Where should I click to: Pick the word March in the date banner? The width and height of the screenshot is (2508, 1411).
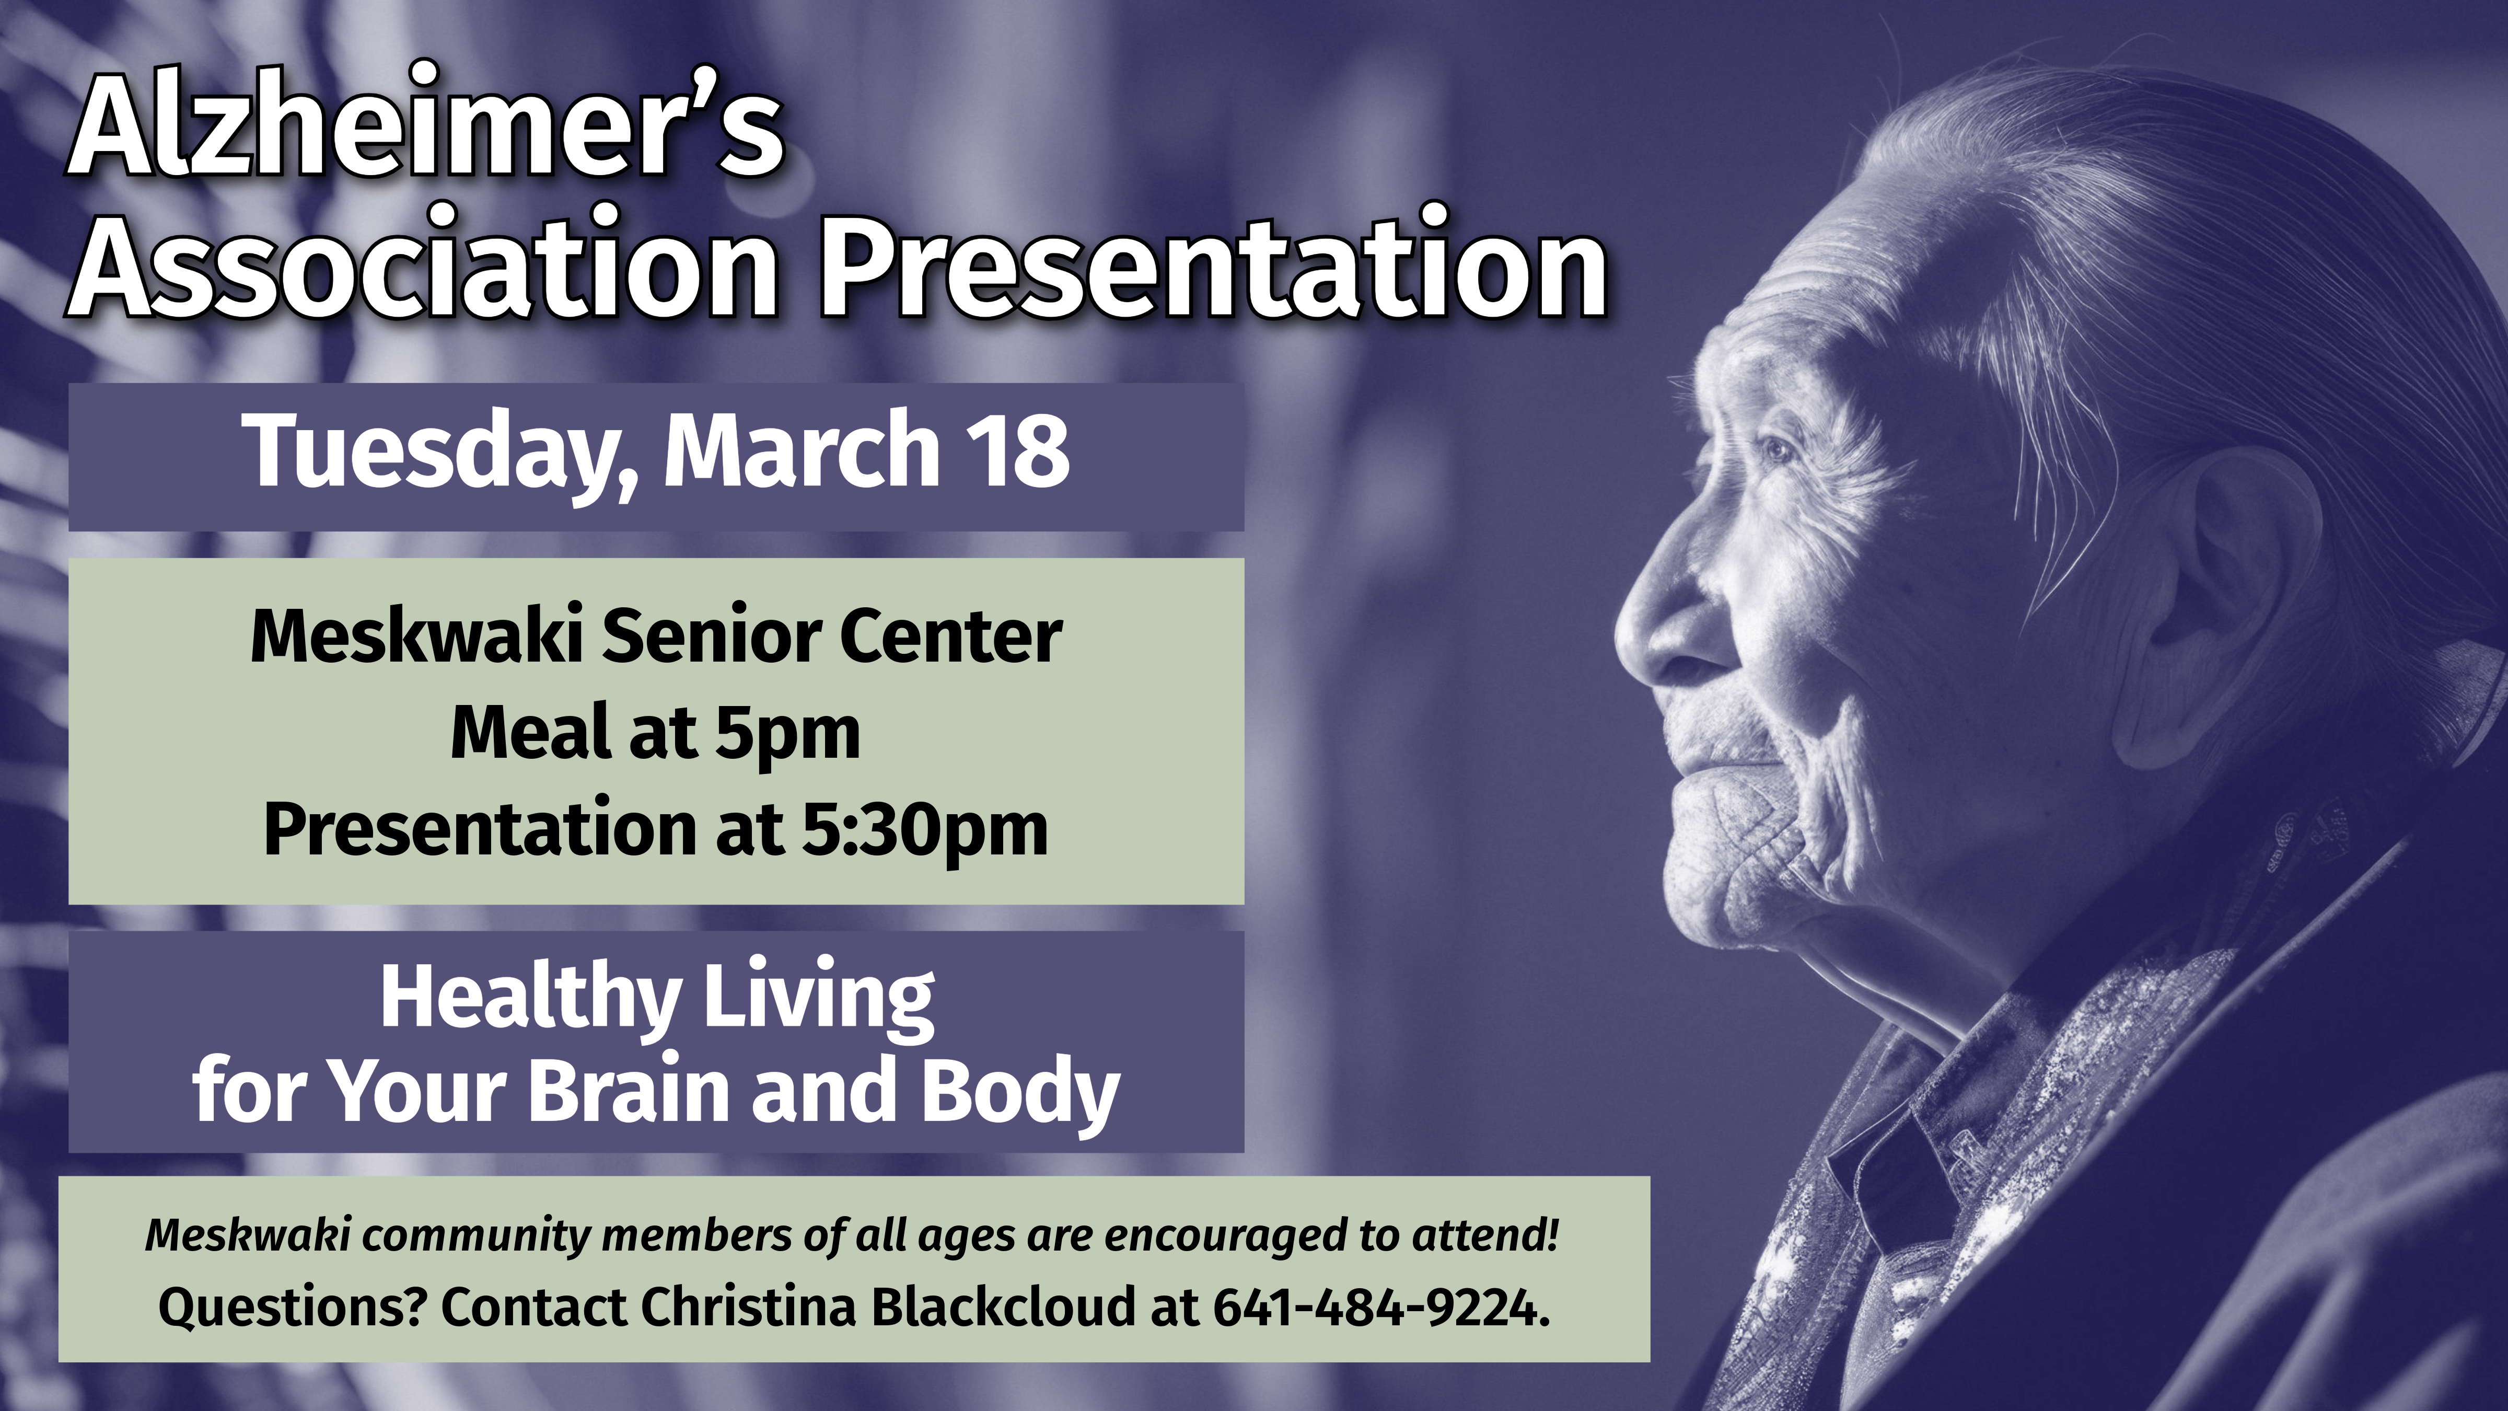[x=802, y=448]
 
